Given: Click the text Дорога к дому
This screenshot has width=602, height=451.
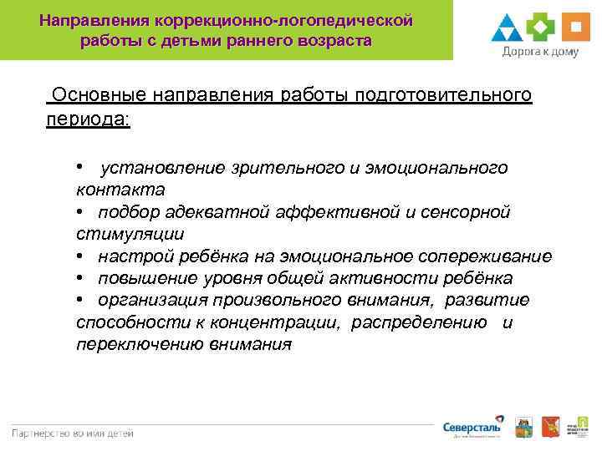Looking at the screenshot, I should point(539,52).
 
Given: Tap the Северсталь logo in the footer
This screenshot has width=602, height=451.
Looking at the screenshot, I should point(472,428).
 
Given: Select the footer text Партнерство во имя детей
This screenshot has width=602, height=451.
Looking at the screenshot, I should point(73,433).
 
